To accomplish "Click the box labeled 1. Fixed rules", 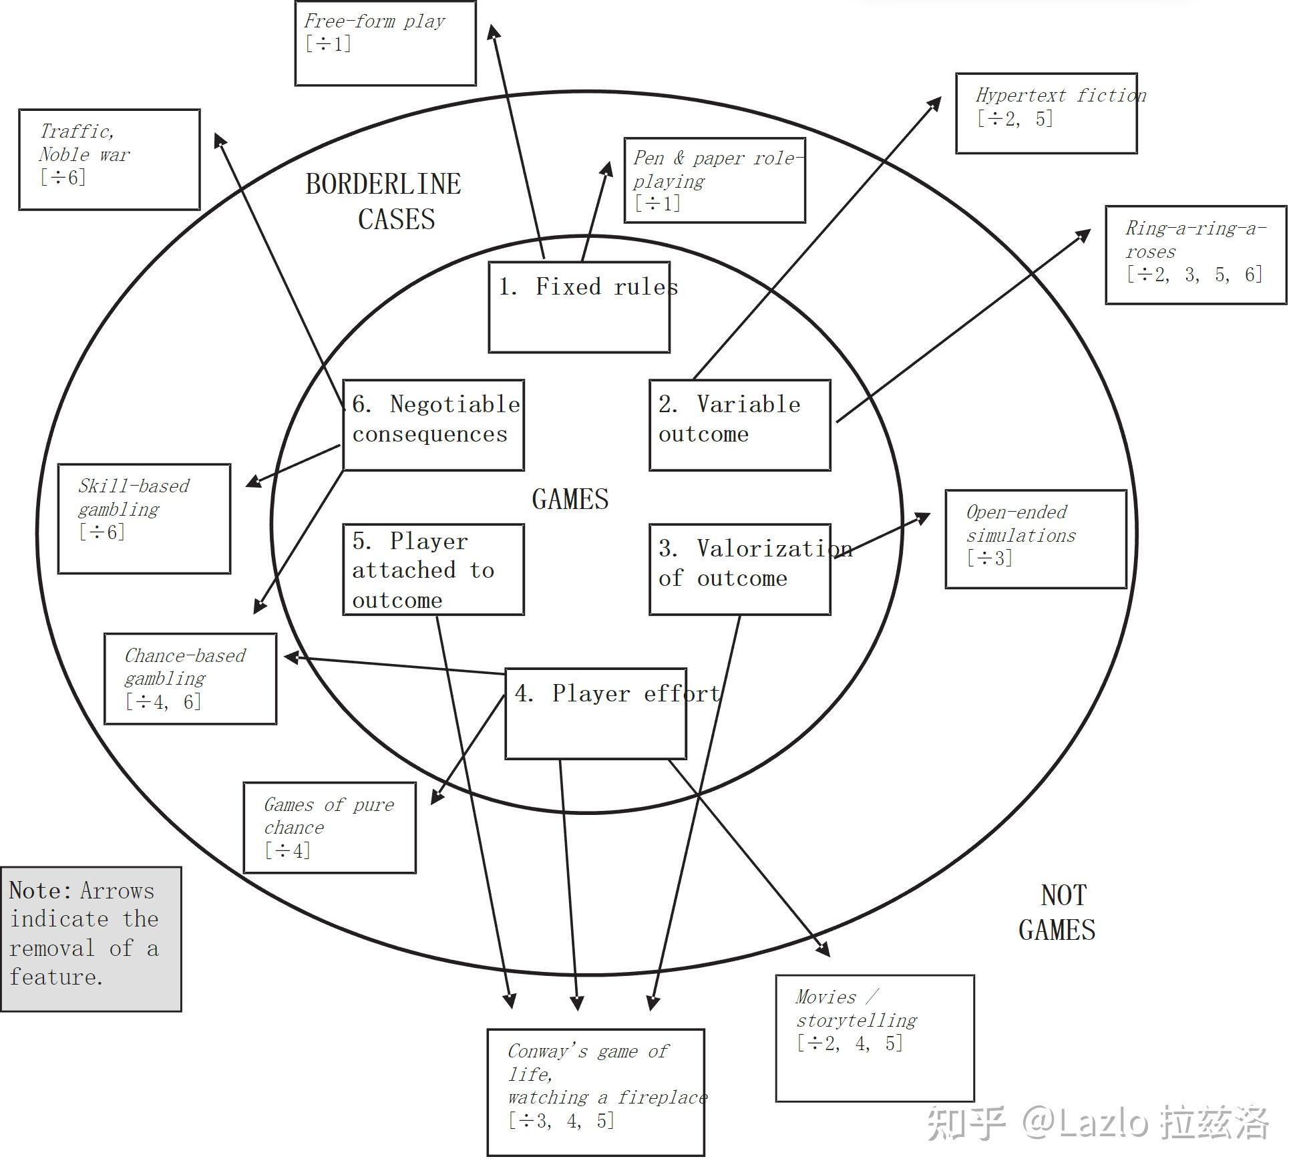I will coord(579,307).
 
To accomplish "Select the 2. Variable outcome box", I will coord(739,425).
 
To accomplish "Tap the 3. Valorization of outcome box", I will coord(739,568).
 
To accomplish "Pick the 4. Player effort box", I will coord(595,713).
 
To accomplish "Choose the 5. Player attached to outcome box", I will coord(433,568).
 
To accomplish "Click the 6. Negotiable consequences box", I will coord(433,425).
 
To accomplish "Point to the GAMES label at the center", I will coord(570,499).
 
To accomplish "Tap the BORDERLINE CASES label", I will coord(383,201).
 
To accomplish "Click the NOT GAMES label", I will coord(1057,912).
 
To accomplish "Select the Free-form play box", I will coord(385,43).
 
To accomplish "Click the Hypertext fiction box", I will coord(1046,113).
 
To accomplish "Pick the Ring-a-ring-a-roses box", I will coord(1195,255).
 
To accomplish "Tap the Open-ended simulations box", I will coord(1035,538).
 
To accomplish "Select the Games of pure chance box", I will coord(329,827).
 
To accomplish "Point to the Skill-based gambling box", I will coord(144,518).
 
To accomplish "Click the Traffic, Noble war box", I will coord(109,159).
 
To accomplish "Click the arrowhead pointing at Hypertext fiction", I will coord(935,103).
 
